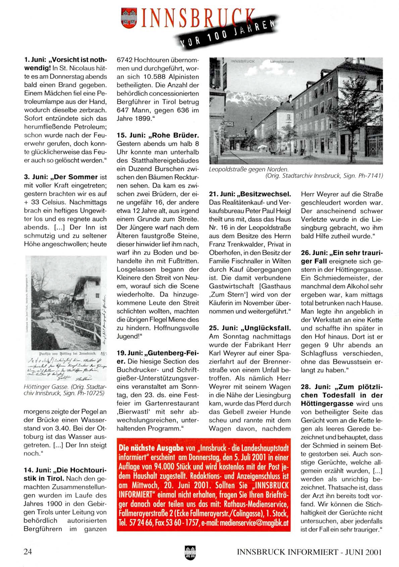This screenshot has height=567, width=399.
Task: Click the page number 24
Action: pyautogui.click(x=28, y=552)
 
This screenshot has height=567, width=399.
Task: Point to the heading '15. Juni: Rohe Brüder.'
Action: pyautogui.click(x=158, y=135)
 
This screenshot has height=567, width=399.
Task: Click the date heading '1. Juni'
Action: pyautogui.click(x=35, y=60)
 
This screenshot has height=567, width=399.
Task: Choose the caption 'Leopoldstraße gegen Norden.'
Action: pyautogui.click(x=248, y=169)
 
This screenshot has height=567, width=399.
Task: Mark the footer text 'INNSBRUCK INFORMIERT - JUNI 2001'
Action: pyautogui.click(x=309, y=552)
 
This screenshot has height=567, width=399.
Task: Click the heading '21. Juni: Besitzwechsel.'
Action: pyautogui.click(x=249, y=194)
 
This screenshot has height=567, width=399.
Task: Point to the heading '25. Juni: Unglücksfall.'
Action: pyautogui.click(x=249, y=328)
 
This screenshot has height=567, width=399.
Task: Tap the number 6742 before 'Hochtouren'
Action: pyautogui.click(x=124, y=60)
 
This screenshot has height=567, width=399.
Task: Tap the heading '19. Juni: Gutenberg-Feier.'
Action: pyautogui.click(x=158, y=353)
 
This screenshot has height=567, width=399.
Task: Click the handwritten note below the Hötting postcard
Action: pyautogui.click(x=66, y=369)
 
